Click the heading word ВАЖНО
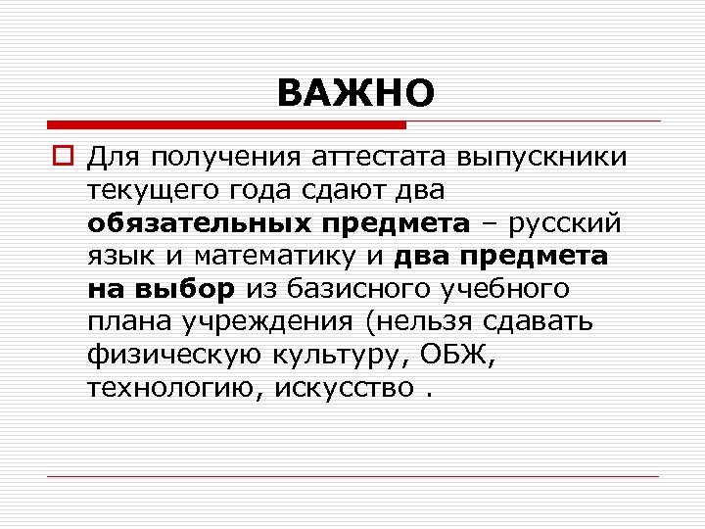point(354,94)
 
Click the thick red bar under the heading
point(226,125)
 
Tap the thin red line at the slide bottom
point(352,476)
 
